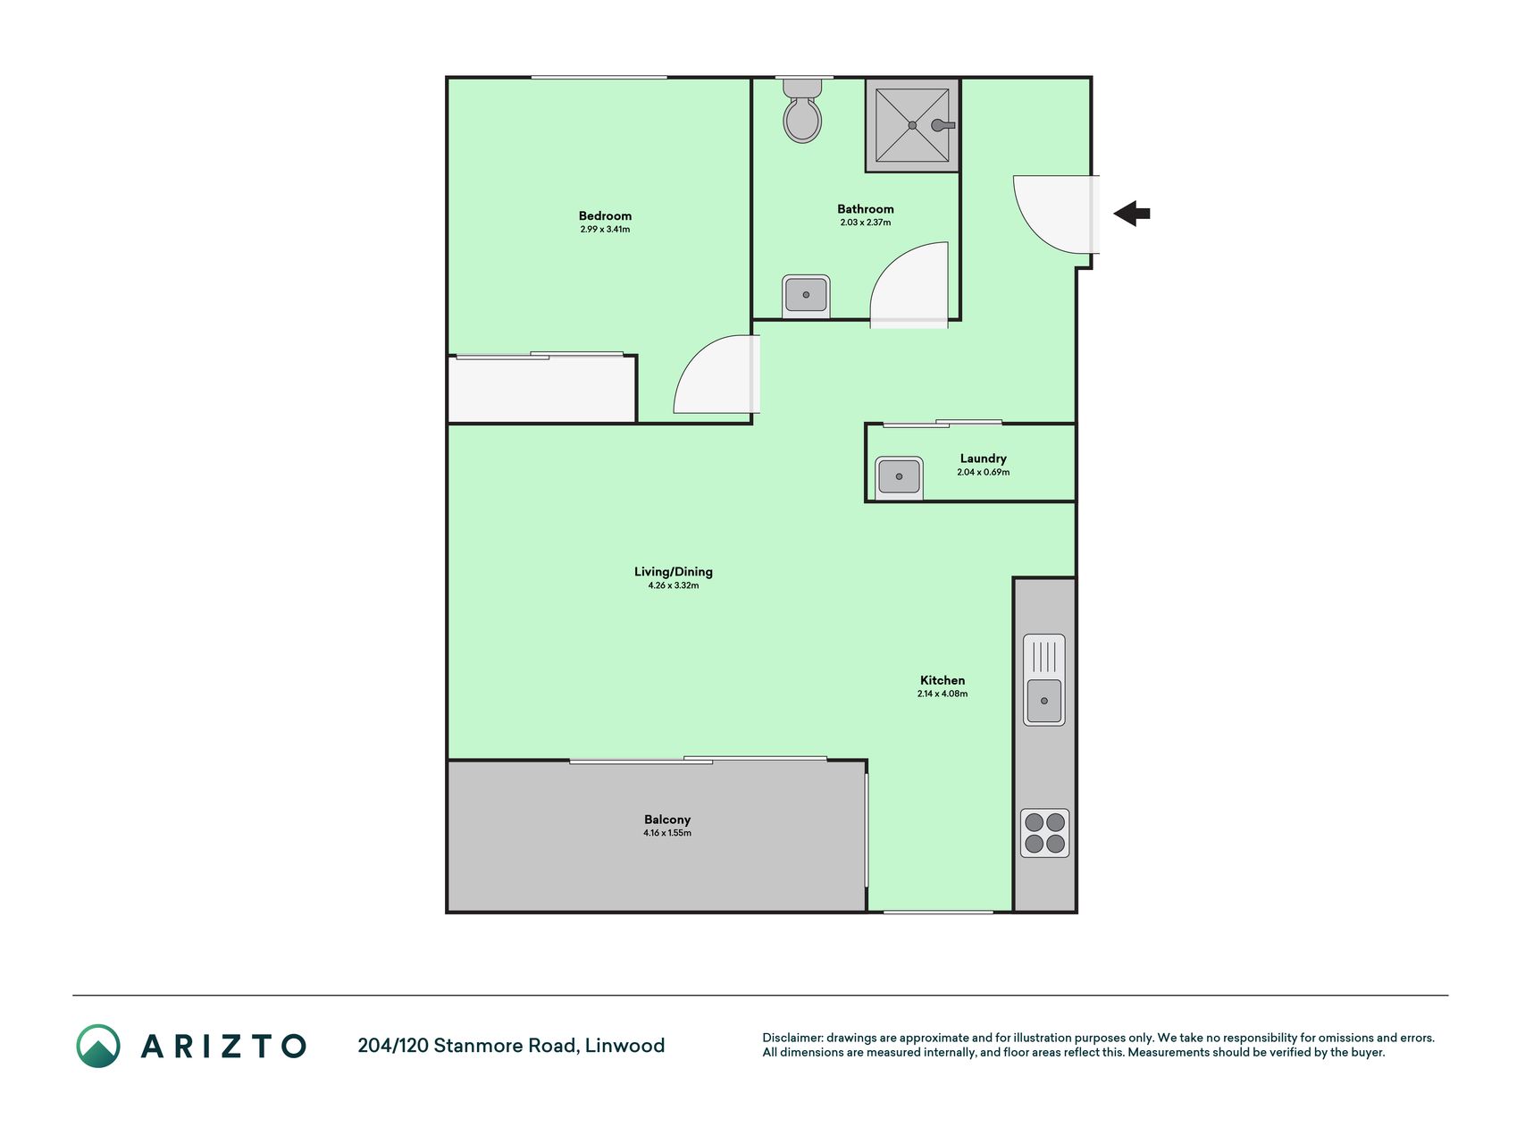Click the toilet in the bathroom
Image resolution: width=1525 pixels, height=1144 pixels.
point(802,111)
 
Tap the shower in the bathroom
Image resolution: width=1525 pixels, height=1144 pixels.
point(912,125)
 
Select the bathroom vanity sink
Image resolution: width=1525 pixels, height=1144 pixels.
point(806,296)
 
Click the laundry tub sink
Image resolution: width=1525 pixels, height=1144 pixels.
point(899,477)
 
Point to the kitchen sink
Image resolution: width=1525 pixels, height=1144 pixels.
point(1044,679)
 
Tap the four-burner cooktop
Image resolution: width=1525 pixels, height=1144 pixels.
point(1045,833)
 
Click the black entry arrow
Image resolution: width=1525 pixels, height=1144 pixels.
point(1132,214)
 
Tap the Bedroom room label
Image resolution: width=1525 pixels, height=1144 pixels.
point(605,215)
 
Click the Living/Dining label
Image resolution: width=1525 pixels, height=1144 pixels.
point(674,572)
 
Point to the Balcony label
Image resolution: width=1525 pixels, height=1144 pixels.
point(667,820)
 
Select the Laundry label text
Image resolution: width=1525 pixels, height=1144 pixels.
point(984,458)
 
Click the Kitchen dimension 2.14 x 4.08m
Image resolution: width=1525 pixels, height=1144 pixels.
point(943,694)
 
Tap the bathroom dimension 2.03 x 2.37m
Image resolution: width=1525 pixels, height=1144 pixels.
point(866,223)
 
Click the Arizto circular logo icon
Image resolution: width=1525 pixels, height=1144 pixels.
point(98,1046)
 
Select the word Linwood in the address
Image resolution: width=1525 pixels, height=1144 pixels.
point(624,1046)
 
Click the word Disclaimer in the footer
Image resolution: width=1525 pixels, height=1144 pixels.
point(792,1038)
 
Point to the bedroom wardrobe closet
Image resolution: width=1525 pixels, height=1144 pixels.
point(541,389)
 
